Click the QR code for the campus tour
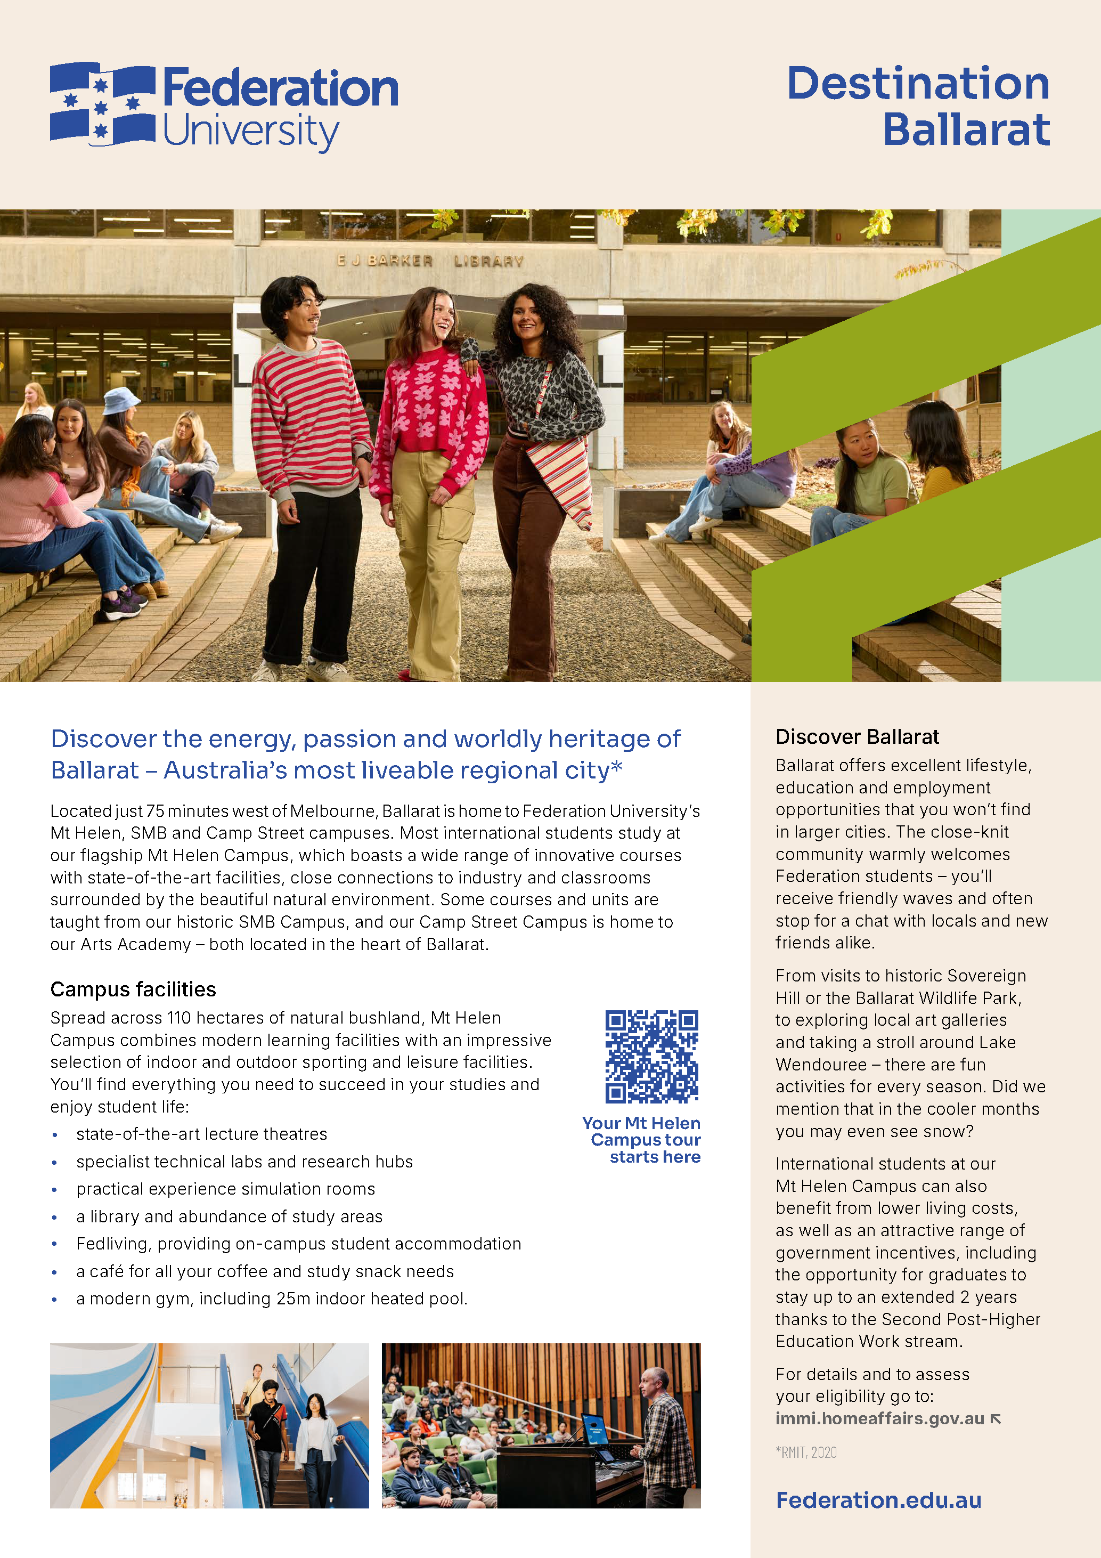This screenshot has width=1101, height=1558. pyautogui.click(x=651, y=1056)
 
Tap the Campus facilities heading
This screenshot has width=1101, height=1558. pyautogui.click(x=133, y=989)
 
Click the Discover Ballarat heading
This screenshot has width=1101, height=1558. pyautogui.click(x=857, y=737)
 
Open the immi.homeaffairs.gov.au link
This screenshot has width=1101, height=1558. pyautogui.click(x=879, y=1418)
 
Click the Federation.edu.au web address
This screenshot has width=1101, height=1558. pyautogui.click(x=878, y=1500)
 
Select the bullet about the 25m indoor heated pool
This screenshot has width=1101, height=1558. pyautogui.click(x=271, y=1299)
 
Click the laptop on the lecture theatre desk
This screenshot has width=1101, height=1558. pyautogui.click(x=595, y=1431)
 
